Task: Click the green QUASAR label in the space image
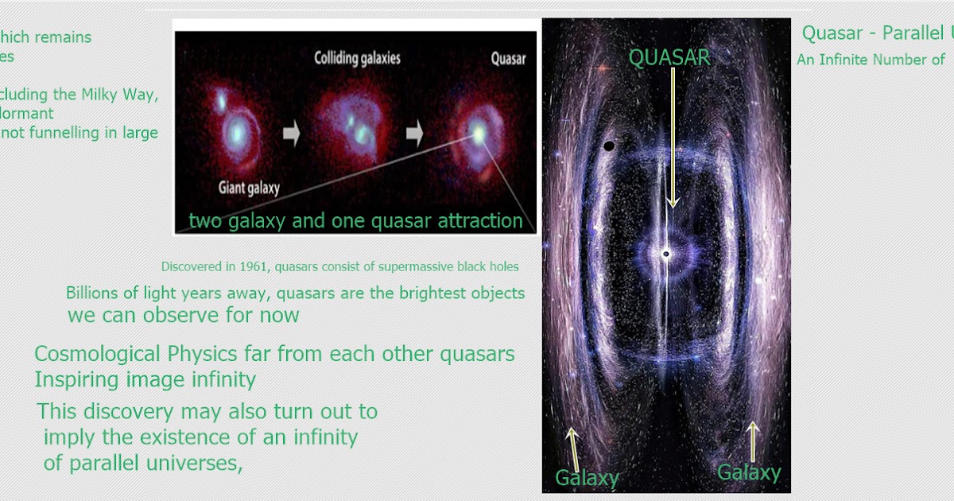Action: click(669, 56)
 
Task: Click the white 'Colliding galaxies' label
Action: click(357, 58)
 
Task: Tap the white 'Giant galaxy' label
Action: click(249, 188)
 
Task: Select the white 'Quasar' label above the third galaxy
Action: click(508, 58)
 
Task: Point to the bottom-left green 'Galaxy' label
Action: click(587, 478)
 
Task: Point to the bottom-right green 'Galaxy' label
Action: click(749, 473)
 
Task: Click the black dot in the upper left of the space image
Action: click(609, 146)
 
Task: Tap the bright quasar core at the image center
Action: click(666, 254)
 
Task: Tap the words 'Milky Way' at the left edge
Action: click(119, 95)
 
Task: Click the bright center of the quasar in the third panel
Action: click(479, 133)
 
